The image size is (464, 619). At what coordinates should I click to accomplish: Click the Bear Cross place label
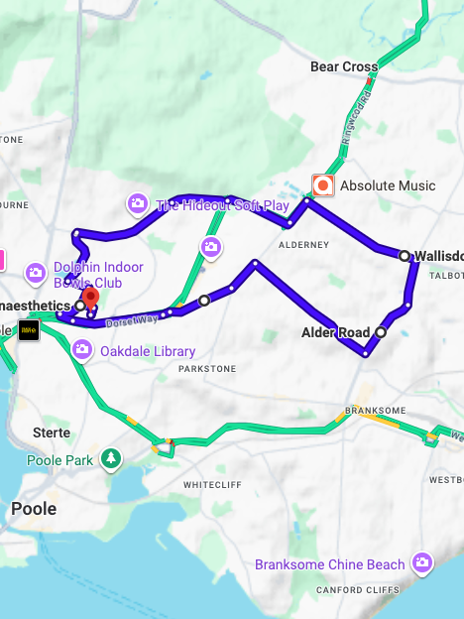pos(344,67)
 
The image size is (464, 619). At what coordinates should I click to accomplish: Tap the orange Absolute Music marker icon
pos(322,186)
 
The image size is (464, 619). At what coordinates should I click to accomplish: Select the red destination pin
pos(90,298)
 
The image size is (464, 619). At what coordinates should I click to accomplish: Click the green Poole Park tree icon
pos(112,457)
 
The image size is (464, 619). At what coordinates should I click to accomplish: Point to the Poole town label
pos(34,509)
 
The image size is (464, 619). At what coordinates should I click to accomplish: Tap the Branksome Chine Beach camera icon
pos(423,562)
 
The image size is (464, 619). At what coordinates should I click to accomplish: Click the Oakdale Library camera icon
pos(82,349)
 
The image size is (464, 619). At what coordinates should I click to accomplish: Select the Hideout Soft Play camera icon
pos(137,204)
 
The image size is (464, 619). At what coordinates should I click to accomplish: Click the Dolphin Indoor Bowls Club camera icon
pos(36,272)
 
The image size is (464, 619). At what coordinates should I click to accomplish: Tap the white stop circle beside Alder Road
pos(381,332)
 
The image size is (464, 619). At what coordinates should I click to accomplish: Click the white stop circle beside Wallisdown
pos(404,256)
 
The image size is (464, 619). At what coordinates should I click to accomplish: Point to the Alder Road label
pos(335,332)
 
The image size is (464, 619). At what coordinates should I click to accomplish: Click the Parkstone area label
pos(207,369)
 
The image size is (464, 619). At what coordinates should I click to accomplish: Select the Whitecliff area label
pos(211,485)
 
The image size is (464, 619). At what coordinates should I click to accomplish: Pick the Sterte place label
pos(51,433)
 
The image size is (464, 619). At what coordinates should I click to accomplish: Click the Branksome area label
pos(370,410)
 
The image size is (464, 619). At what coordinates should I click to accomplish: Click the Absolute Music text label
pos(388,186)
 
